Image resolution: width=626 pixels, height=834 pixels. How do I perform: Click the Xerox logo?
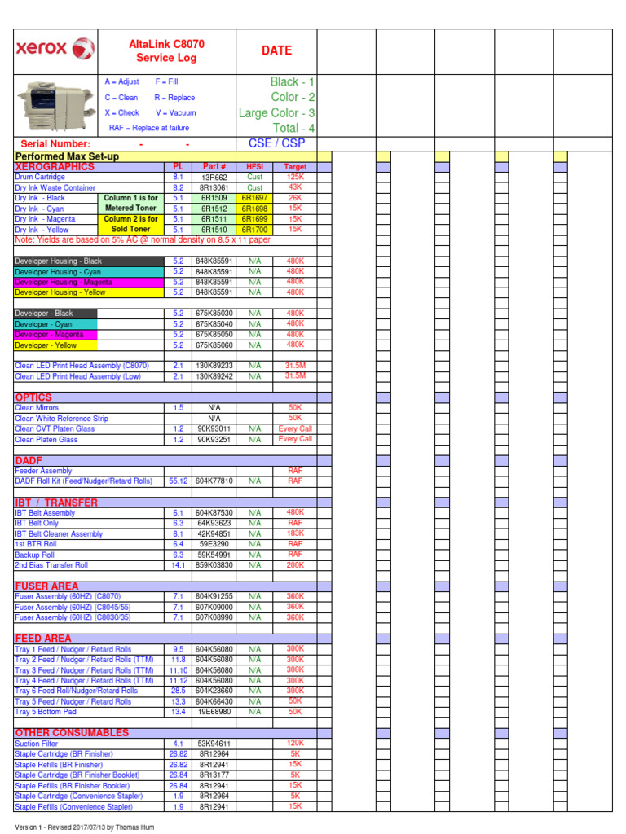[55, 49]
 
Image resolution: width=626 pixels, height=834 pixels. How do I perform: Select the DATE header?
[276, 50]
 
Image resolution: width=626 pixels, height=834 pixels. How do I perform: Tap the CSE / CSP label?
[276, 143]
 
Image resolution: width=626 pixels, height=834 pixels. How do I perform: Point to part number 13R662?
[214, 177]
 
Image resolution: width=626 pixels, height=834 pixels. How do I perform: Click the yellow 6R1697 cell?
[255, 198]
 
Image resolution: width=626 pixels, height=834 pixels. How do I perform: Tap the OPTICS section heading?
[33, 397]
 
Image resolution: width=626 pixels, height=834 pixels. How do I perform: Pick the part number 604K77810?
[214, 481]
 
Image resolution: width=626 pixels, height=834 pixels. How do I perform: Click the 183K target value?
[295, 533]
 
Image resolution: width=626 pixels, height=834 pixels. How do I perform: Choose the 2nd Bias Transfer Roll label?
[51, 565]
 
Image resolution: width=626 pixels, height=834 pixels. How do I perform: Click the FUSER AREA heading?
[46, 586]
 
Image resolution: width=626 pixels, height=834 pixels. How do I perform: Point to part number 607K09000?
[214, 608]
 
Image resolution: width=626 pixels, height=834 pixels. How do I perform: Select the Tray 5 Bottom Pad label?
[46, 712]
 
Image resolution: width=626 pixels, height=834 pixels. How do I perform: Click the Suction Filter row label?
[37, 744]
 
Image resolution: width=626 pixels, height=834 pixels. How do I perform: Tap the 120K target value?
[295, 743]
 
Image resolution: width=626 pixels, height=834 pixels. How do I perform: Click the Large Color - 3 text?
[276, 113]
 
